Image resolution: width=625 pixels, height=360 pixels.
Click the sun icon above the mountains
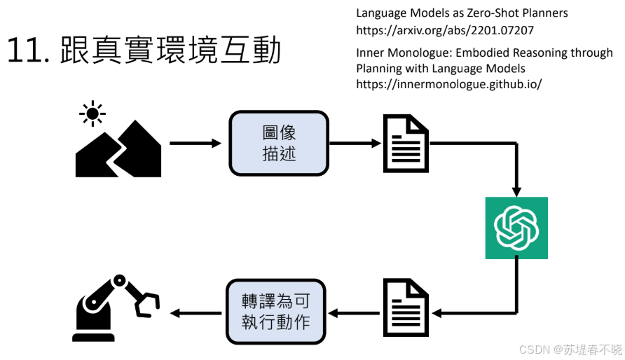pyautogui.click(x=92, y=113)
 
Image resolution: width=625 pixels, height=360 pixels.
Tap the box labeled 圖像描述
pyautogui.click(x=279, y=143)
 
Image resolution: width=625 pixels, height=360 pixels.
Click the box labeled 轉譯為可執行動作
pyautogui.click(x=275, y=312)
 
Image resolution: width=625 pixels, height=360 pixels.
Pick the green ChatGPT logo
pyautogui.click(x=516, y=228)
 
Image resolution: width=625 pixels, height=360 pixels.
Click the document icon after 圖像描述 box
pyautogui.click(x=406, y=144)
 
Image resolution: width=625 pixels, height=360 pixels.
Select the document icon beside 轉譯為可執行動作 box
pyautogui.click(x=406, y=307)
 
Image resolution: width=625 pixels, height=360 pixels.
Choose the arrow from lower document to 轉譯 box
pyautogui.click(x=354, y=312)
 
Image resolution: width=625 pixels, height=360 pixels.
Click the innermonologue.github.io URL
pyautogui.click(x=449, y=84)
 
